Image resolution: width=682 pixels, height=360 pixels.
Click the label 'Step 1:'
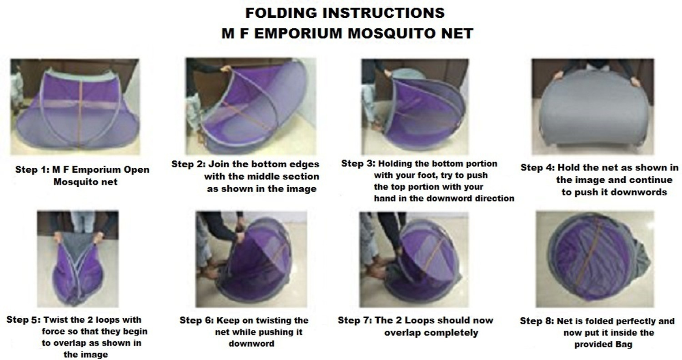point(32,170)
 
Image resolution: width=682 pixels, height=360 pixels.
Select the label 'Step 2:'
point(189,164)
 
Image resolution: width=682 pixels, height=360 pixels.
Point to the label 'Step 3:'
point(358,164)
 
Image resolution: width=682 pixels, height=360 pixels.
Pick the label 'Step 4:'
point(538,167)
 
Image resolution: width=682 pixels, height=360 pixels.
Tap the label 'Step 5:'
point(23,320)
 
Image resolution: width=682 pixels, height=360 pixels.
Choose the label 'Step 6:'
point(196,320)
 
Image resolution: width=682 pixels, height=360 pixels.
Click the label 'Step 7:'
point(355,320)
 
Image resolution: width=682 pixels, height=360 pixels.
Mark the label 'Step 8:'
point(537,321)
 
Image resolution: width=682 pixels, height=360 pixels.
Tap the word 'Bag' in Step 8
point(624,345)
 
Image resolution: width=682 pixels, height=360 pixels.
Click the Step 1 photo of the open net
point(75,106)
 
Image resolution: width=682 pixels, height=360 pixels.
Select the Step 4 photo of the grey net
point(592,106)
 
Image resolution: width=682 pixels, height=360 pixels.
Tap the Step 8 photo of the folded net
point(595,259)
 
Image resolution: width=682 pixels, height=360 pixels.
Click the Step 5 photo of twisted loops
point(78,259)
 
